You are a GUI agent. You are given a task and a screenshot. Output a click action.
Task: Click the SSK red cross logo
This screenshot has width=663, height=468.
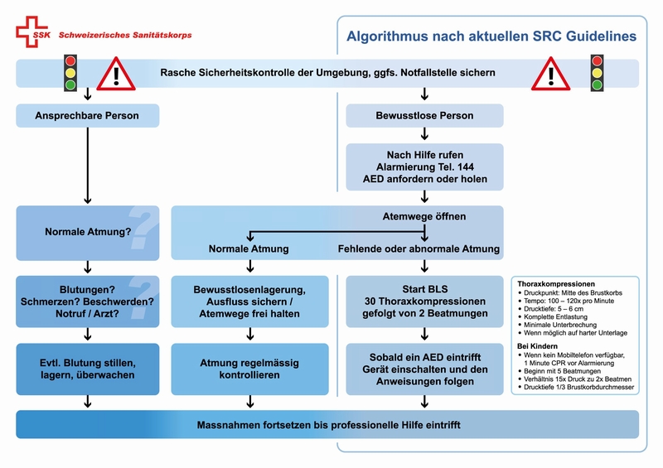pos(30,32)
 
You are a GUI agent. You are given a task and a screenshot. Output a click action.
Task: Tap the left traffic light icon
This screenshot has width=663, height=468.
pos(70,73)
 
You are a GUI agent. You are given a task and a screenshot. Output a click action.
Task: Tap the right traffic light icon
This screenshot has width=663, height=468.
pos(597,73)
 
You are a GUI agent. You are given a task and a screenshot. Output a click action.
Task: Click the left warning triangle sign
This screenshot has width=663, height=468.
pos(116,75)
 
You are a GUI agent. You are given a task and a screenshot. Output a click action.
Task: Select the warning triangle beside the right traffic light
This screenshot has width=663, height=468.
pos(551,75)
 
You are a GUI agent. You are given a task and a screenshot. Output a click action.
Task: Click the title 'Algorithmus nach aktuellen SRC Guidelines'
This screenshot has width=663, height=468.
pos(491,37)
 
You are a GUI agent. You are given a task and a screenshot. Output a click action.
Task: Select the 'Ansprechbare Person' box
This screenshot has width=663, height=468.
pos(87,115)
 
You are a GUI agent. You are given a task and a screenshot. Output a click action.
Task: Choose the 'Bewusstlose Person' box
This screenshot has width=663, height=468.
pos(424,115)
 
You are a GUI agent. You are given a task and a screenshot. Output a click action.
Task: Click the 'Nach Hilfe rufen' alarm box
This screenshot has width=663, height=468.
pos(424,166)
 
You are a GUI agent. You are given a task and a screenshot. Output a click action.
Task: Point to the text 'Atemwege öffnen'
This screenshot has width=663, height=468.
pos(424,217)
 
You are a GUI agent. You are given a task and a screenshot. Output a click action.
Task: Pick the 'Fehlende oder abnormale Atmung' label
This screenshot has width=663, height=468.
pos(419,248)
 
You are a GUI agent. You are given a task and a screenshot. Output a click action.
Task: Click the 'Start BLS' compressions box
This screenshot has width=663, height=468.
pos(424,302)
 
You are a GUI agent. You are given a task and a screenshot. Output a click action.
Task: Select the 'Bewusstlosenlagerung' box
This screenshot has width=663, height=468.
pos(249,302)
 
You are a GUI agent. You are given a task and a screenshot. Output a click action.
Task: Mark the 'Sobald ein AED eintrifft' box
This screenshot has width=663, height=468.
pos(424,369)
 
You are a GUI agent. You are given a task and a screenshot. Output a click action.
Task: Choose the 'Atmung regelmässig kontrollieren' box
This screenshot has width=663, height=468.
pos(249,369)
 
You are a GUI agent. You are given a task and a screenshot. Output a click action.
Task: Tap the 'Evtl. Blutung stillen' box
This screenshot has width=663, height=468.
pos(87,369)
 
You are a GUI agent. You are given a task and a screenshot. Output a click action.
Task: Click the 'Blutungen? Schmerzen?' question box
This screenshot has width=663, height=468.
pos(87,302)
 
